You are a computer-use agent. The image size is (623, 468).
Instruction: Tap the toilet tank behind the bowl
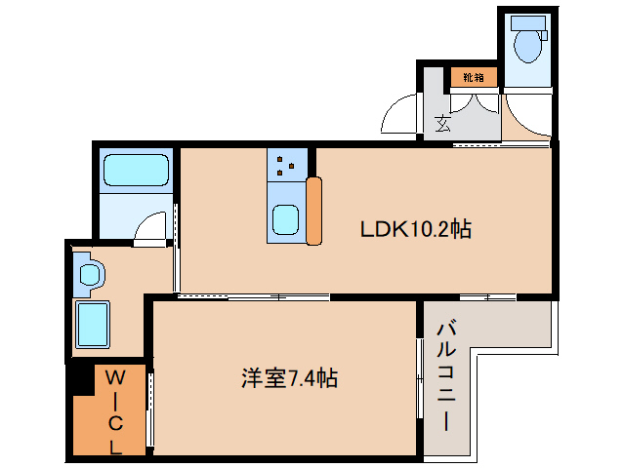coord(527,21)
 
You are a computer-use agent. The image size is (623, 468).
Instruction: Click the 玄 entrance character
coord(442,123)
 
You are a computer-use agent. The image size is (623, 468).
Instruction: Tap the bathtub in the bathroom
coord(137,171)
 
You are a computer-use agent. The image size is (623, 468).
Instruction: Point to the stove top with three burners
coord(287,165)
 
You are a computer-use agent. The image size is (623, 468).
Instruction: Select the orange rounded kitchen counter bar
coord(313,211)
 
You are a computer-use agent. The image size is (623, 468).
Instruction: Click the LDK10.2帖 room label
coord(416,230)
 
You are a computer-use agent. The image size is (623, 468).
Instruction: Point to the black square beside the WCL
coord(81,380)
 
